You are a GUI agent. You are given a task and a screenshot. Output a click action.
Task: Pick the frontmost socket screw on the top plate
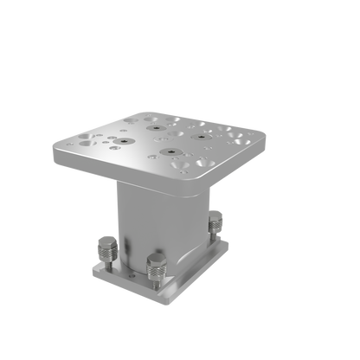click(165, 154)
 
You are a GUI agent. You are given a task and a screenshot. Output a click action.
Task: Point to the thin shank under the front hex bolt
click(156, 279)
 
